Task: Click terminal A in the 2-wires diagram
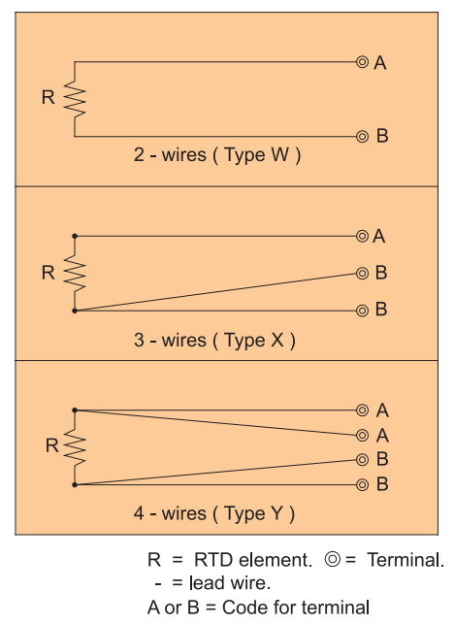[x=362, y=62]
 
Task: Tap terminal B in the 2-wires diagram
[x=362, y=137]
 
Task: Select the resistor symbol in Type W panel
[x=75, y=99]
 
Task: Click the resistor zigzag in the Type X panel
[x=75, y=274]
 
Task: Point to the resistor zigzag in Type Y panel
[x=75, y=447]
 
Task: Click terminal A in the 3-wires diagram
[x=362, y=237]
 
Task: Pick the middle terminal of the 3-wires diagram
[x=362, y=274]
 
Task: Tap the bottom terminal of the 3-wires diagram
[x=362, y=311]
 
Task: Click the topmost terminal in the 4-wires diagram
[x=362, y=411]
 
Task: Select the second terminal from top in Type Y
[x=362, y=436]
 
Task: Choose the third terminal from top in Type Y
[x=362, y=460]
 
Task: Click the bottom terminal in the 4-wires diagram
[x=362, y=484]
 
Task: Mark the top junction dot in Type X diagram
[x=75, y=237]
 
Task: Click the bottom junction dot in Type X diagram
[x=75, y=311]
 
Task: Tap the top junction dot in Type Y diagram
[x=75, y=411]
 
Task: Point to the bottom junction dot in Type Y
[x=75, y=484]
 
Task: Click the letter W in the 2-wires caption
[x=280, y=154]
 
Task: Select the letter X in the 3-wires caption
[x=276, y=340]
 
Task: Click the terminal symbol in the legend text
[x=333, y=559]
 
